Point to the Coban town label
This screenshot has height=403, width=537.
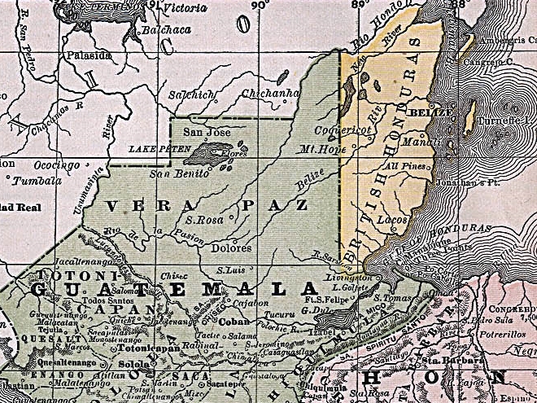[233, 321]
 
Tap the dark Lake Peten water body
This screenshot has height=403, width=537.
[209, 151]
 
